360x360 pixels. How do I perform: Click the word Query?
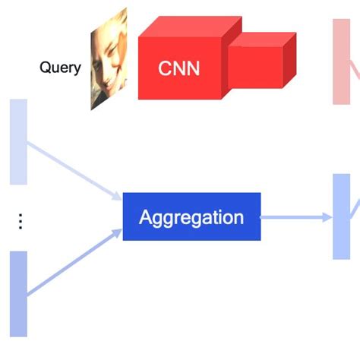(x=60, y=68)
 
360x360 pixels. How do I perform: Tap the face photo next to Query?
(x=109, y=61)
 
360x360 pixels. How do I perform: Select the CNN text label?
(x=179, y=68)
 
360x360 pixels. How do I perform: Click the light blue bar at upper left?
(x=18, y=141)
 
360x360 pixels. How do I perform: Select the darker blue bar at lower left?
(x=18, y=293)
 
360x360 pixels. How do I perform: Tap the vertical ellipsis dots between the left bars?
(x=21, y=221)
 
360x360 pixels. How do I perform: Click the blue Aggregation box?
(x=191, y=217)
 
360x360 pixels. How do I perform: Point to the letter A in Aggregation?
(x=145, y=218)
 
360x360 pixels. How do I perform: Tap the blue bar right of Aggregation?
(x=341, y=216)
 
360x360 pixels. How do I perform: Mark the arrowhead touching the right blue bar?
(x=327, y=217)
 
